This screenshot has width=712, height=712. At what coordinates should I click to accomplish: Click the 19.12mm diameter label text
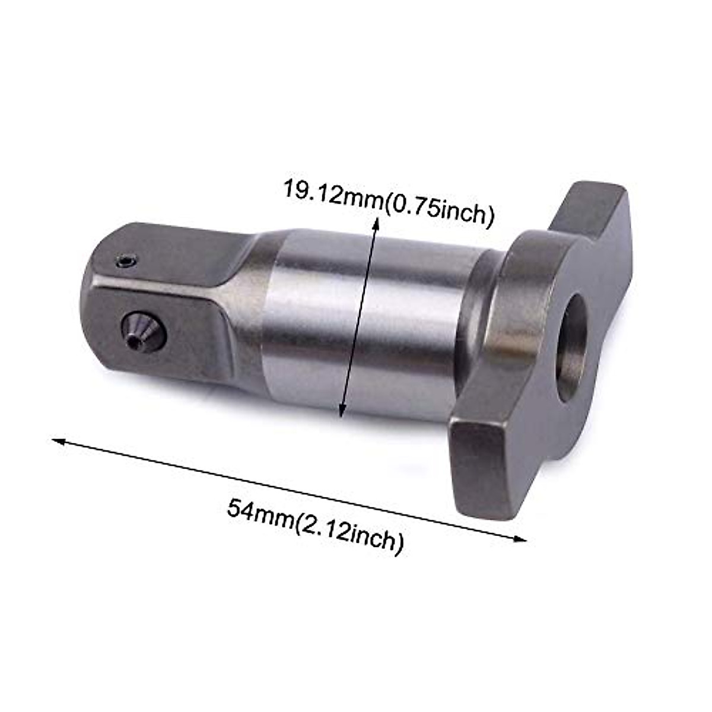(389, 202)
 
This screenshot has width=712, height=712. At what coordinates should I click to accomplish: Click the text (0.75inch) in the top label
(439, 211)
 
